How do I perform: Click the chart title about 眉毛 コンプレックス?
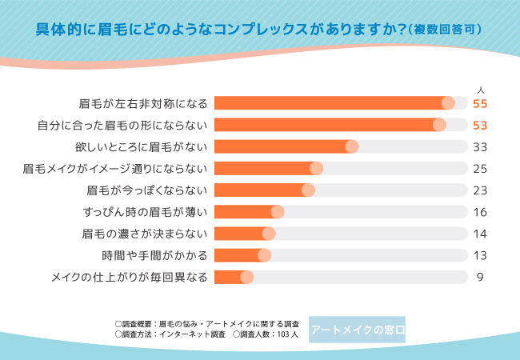[x=259, y=30]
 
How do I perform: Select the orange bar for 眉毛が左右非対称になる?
[x=328, y=103]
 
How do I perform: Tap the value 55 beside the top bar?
[x=480, y=103]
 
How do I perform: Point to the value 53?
[x=480, y=125]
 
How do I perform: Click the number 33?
[x=480, y=146]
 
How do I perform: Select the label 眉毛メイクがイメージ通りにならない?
[x=115, y=168]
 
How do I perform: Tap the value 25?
[x=480, y=168]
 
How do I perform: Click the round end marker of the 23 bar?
[x=308, y=190]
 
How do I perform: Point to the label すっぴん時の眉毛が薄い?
[x=145, y=212]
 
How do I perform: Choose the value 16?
[x=480, y=212]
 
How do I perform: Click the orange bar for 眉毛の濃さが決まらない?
[x=240, y=234]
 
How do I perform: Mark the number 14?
[x=480, y=234]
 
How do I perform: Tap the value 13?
[x=480, y=255]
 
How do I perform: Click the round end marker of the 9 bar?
[x=246, y=277]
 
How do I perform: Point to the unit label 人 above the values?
[x=480, y=89]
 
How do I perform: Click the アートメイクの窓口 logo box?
[x=357, y=330]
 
